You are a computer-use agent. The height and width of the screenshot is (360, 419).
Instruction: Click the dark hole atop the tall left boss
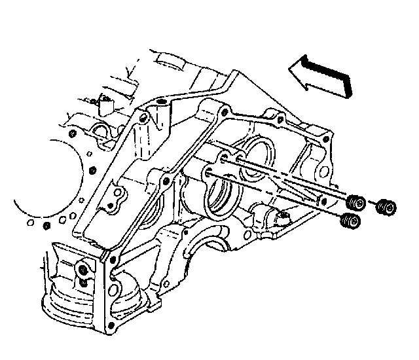coord(160,104)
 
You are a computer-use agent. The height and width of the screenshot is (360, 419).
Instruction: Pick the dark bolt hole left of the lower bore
coord(169,180)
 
